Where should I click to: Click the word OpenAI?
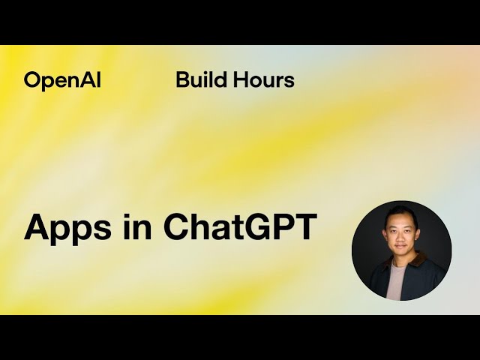click(62, 80)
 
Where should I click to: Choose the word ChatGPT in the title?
click(240, 226)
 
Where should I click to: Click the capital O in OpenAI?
click(32, 80)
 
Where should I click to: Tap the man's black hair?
click(400, 214)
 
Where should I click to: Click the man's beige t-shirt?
click(397, 281)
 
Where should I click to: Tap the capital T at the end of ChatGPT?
click(305, 226)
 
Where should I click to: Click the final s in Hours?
click(289, 81)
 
